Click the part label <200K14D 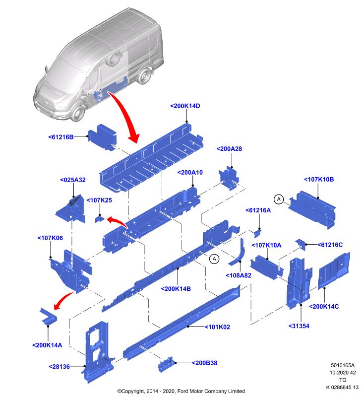coord(185,106)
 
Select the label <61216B coord(61,137)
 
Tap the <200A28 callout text coord(229,149)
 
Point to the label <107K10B coord(319,180)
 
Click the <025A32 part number coord(73,180)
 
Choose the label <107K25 coord(99,200)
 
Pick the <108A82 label coord(238,275)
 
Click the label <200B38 coord(204,363)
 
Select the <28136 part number coord(59,367)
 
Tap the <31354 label coord(299,326)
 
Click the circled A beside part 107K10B coord(279,199)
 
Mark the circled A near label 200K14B coord(214,259)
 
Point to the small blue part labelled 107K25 coord(100,219)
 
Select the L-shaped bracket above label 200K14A coord(49,317)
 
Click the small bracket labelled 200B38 coord(166,365)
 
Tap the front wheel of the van coord(78,113)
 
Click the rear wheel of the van coord(145,75)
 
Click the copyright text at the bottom coord(181,391)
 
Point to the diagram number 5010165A coord(343,365)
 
